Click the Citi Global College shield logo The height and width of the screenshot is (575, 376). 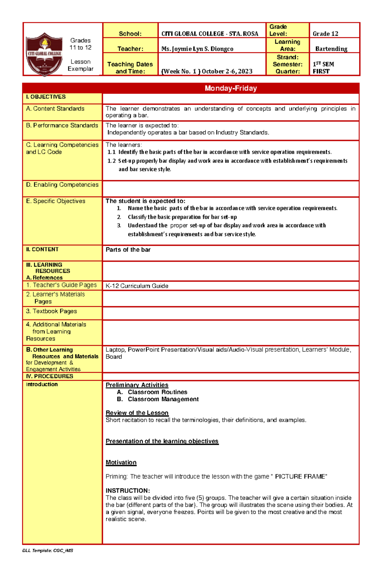44,54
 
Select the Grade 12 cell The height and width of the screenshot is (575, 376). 325,34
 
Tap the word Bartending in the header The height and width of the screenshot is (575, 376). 331,49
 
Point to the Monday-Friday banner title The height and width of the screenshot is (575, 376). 231,88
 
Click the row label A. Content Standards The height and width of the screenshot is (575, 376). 55,109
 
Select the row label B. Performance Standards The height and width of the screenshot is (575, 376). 62,125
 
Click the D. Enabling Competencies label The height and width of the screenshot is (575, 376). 62,185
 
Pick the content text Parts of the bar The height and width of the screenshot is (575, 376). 128,250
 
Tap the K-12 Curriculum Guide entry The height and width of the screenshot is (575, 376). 137,286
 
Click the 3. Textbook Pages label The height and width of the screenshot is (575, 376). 51,311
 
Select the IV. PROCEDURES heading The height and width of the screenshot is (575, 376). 50,376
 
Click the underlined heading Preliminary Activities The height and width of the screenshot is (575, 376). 137,385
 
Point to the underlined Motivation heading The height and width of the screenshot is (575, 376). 121,463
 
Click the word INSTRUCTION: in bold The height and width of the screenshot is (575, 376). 128,491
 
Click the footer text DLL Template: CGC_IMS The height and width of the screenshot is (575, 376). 48,551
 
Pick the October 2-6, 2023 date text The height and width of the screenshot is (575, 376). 227,71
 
